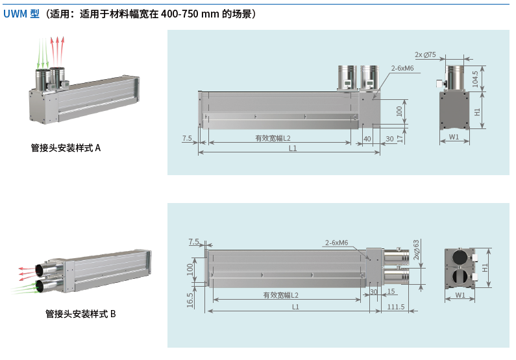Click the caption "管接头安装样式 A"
(x=66, y=148)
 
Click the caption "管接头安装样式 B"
(x=80, y=314)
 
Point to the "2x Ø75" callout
(x=425, y=54)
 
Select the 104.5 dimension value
(x=475, y=78)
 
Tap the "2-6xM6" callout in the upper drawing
(x=402, y=68)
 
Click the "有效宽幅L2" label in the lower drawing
(x=281, y=295)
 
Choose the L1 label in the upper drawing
(x=293, y=149)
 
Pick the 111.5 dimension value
(x=395, y=307)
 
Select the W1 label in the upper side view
(x=454, y=137)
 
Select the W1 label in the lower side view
(x=460, y=295)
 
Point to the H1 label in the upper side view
(x=478, y=112)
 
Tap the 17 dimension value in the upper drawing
(x=400, y=138)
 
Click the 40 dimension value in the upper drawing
(x=367, y=138)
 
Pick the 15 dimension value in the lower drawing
(x=391, y=291)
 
